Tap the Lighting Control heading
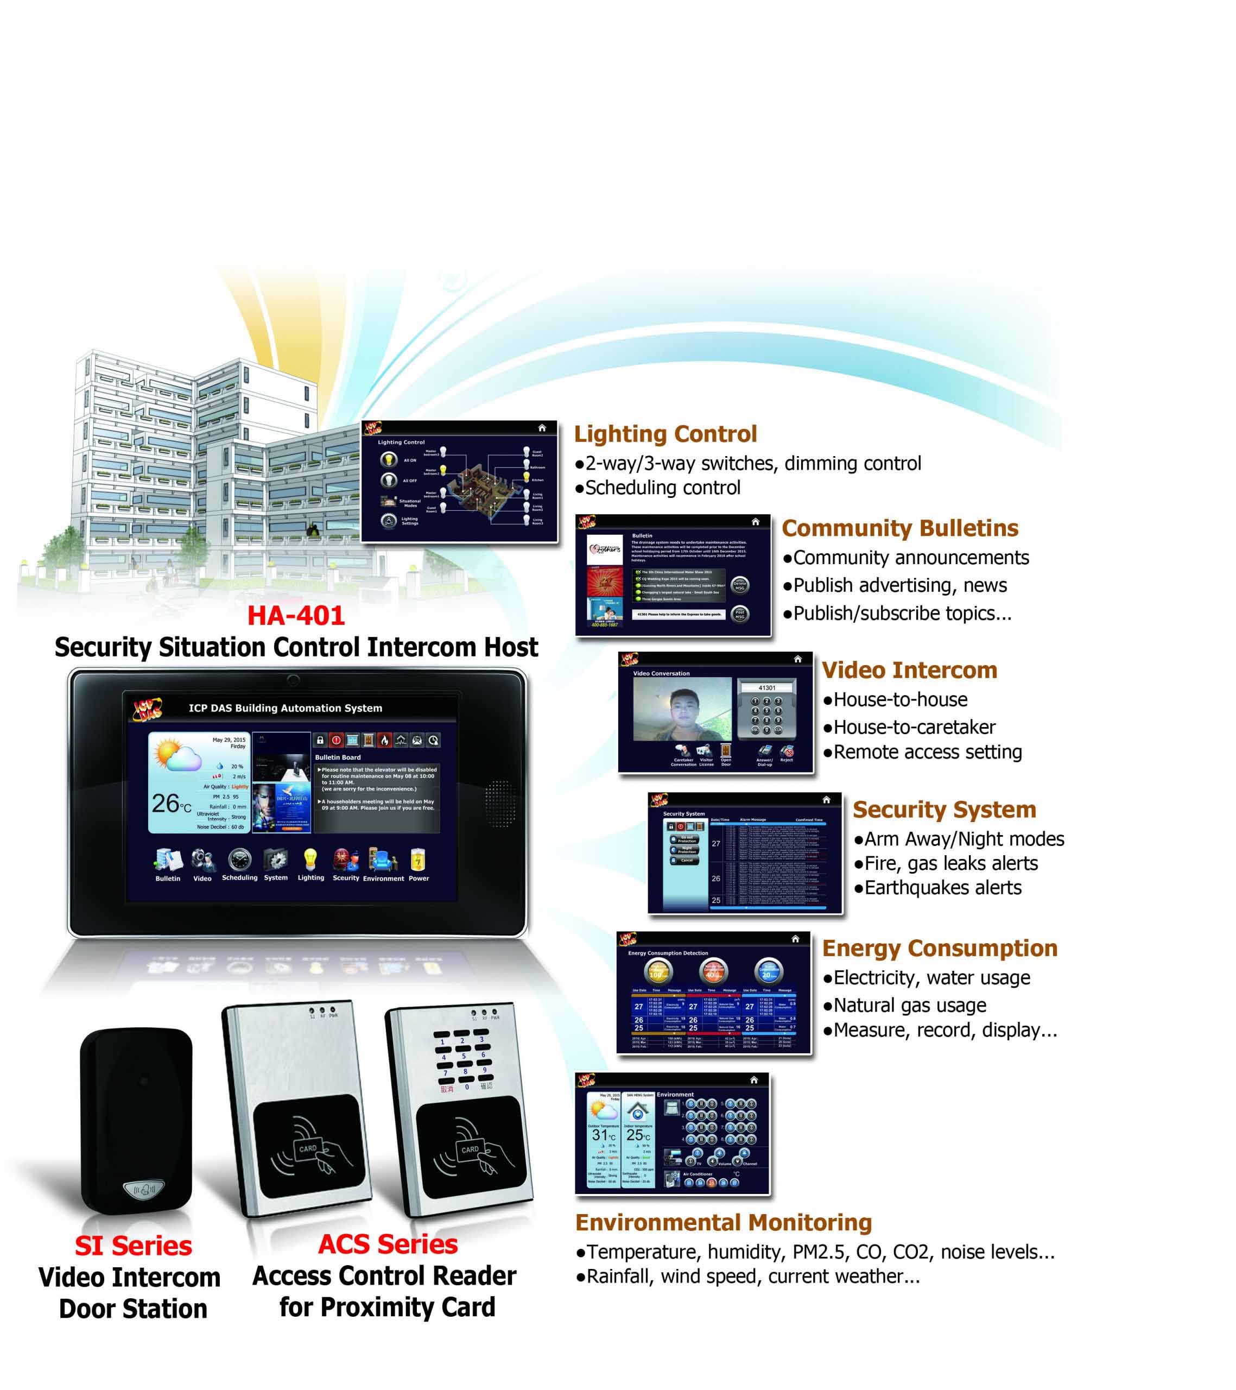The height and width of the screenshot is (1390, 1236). point(665,434)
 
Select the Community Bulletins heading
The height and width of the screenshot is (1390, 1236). point(899,528)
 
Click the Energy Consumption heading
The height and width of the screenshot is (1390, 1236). point(939,948)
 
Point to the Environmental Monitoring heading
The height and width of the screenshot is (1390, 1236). point(724,1222)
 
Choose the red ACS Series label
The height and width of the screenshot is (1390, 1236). point(388,1244)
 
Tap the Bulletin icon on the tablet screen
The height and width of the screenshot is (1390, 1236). point(167,860)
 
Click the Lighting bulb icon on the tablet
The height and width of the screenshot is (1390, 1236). point(310,860)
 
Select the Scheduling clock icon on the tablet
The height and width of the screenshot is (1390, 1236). point(239,860)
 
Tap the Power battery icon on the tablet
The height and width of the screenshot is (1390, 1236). point(418,860)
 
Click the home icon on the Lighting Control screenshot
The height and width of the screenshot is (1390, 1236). point(542,428)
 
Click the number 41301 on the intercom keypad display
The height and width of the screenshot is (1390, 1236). point(766,687)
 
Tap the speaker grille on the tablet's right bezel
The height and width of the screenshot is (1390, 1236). point(500,803)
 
